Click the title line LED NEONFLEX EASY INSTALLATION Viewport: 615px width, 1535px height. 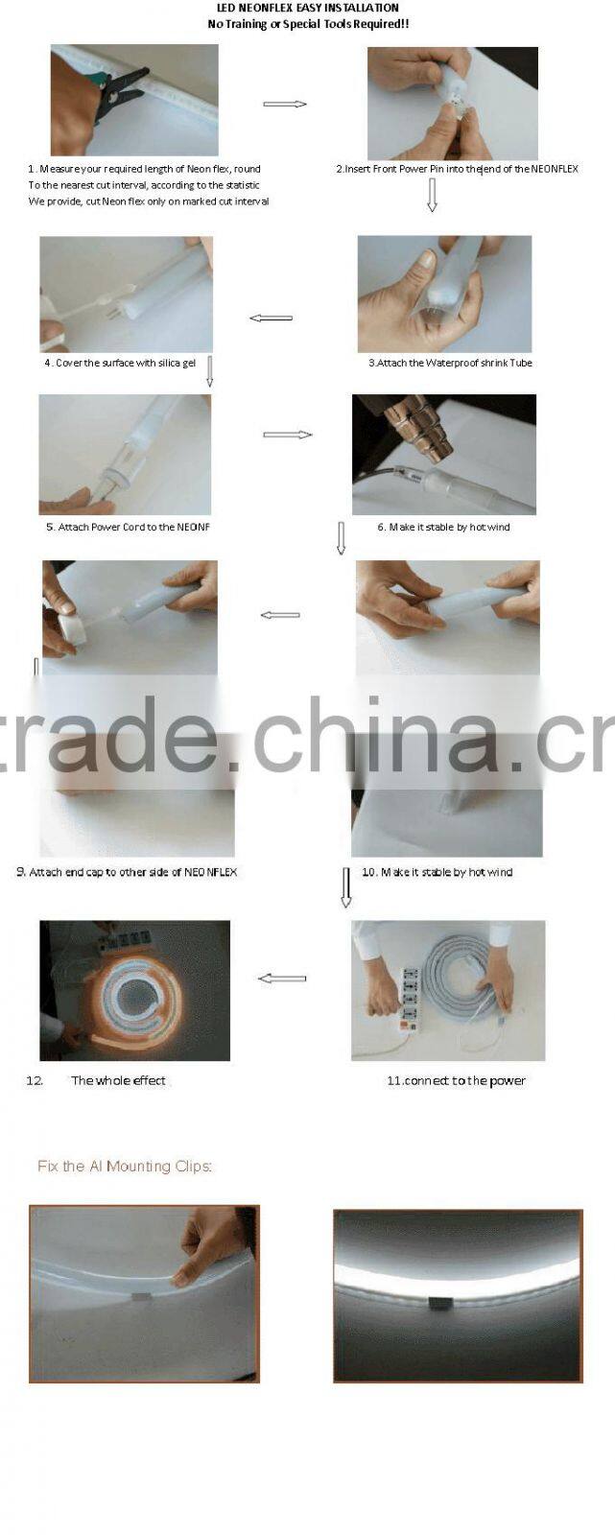(x=308, y=8)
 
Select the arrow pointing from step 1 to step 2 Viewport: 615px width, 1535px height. (x=285, y=104)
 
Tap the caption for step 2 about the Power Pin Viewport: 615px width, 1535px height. (x=457, y=169)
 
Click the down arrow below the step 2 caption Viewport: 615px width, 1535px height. (x=432, y=195)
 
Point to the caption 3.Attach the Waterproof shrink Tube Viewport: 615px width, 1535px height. (x=450, y=363)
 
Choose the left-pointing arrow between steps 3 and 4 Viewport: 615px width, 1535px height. (x=271, y=318)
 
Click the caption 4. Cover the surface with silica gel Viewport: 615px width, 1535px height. (x=120, y=363)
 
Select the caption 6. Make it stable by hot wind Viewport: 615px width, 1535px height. (x=443, y=527)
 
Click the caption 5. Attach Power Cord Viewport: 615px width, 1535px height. (x=128, y=527)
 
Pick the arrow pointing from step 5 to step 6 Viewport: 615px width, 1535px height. (x=288, y=435)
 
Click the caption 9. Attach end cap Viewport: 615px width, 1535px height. (x=127, y=872)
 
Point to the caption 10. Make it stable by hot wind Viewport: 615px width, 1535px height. (x=437, y=872)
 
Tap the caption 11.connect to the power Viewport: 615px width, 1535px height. (x=456, y=1080)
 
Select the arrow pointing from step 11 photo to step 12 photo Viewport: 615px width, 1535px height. (x=282, y=979)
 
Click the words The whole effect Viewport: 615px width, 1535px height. (x=118, y=1080)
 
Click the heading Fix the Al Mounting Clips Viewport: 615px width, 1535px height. (x=125, y=1167)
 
